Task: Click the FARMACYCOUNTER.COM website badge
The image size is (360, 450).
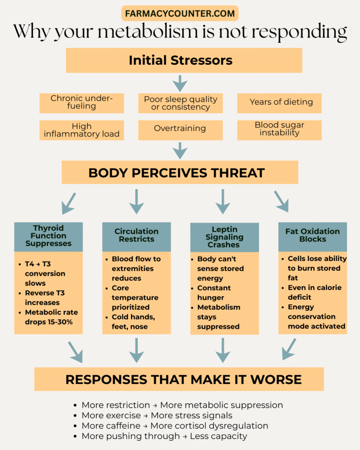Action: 180,13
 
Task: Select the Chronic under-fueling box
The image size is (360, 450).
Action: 81,102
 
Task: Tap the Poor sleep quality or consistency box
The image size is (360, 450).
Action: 180,103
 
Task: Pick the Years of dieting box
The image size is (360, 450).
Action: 279,102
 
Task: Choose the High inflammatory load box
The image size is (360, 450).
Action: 81,130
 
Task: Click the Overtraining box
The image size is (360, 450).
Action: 180,129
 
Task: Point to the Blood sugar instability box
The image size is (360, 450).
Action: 279,129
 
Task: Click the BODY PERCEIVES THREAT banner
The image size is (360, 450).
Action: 180,172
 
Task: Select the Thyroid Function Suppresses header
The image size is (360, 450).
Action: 48,236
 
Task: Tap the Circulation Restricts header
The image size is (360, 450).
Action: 136,236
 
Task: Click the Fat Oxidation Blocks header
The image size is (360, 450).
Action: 313,236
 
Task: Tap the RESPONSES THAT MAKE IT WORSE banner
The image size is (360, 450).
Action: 179,379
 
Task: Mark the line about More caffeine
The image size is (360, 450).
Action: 175,426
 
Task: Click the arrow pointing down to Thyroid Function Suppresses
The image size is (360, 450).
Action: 69,203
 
